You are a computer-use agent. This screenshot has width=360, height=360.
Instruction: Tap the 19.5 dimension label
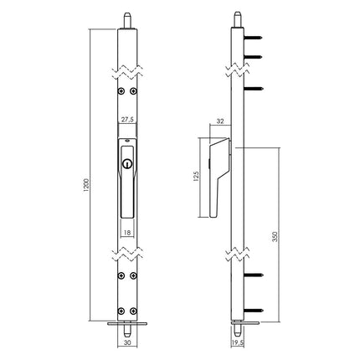237,342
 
